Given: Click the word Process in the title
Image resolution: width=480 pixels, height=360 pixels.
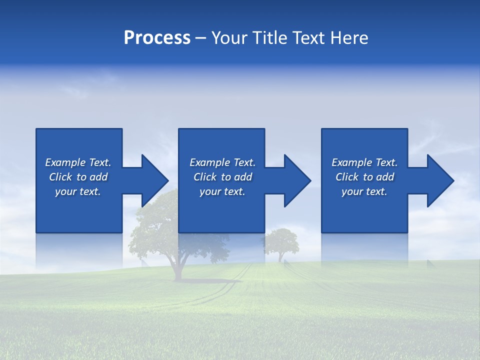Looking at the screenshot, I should [157, 38].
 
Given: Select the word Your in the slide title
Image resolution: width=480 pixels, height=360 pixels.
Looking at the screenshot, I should [230, 38].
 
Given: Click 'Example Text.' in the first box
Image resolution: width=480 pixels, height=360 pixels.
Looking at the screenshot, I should [78, 162].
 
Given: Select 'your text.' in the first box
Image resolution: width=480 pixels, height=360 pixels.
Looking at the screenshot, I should [78, 191].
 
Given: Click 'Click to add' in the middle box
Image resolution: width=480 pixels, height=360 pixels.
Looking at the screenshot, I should [222, 177].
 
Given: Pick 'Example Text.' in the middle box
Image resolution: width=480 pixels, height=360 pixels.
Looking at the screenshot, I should [222, 162].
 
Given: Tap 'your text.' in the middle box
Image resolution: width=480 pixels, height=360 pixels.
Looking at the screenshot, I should [222, 191].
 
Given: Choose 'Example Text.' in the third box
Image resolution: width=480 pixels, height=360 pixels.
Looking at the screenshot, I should [364, 162].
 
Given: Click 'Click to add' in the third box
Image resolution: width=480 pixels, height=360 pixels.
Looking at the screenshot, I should [364, 177].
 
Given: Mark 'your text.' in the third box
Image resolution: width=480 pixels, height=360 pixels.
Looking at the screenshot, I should [364, 191].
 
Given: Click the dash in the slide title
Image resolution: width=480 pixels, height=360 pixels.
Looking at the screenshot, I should [200, 38].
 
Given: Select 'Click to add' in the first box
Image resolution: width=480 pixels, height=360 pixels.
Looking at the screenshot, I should [78, 177].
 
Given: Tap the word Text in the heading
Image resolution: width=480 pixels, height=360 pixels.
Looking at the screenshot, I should [309, 38].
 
